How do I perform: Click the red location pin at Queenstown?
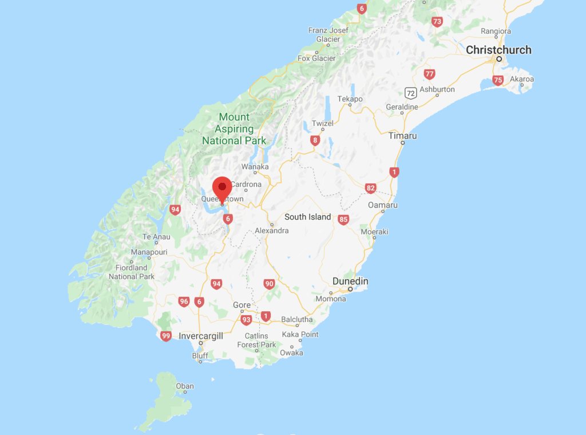point(222,189)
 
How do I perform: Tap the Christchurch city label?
point(498,50)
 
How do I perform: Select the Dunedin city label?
point(350,281)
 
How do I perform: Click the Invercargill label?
point(201,336)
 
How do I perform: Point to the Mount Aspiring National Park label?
point(234,129)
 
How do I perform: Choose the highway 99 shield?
point(166,336)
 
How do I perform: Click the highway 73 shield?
point(437,22)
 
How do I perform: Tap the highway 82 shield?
point(371,188)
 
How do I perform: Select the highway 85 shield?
point(343,220)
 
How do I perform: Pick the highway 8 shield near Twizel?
point(314,140)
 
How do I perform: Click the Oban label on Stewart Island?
point(185,386)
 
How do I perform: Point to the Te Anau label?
point(156,237)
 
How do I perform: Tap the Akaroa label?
point(521,79)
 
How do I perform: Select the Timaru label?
point(402,136)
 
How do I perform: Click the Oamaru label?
point(383,205)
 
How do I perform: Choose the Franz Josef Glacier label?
point(327,34)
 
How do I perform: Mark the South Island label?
point(307,217)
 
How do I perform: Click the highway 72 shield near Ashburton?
point(409,92)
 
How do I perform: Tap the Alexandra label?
point(272,230)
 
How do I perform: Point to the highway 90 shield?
point(269,284)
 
